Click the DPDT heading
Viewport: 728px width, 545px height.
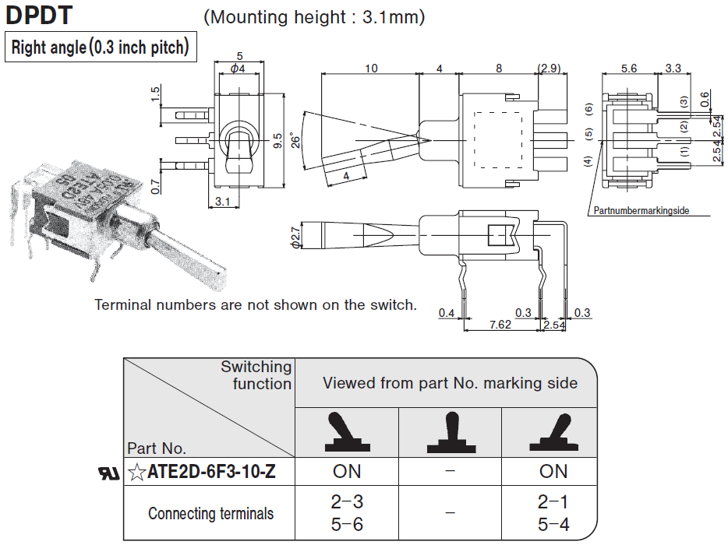(x=39, y=15)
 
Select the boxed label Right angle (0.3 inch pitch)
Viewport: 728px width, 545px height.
(x=100, y=47)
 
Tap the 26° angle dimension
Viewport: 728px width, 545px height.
(x=295, y=140)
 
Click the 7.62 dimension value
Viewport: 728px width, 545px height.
(x=500, y=325)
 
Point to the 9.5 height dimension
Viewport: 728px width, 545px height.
(x=278, y=141)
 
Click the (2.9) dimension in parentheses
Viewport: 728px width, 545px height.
(x=549, y=69)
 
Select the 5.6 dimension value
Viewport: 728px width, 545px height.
(x=629, y=69)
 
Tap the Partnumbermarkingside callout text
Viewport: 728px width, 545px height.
(x=641, y=211)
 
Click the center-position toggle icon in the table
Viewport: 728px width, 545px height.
(x=451, y=434)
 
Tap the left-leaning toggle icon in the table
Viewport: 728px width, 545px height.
(x=346, y=434)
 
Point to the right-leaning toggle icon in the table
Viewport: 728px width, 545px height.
(x=553, y=434)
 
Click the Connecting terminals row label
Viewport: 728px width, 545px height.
(x=210, y=514)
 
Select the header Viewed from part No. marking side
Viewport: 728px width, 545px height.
(x=451, y=382)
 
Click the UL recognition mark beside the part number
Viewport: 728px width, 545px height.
(x=108, y=473)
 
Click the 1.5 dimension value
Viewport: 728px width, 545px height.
(x=156, y=94)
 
